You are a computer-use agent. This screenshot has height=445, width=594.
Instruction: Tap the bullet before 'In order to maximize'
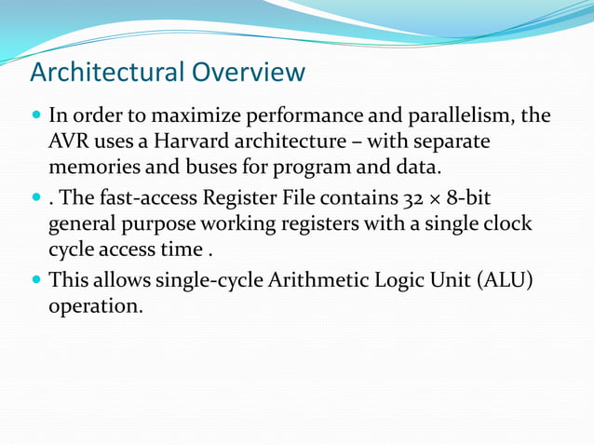[36, 118]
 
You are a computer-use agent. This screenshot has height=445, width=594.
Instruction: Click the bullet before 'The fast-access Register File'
[36, 198]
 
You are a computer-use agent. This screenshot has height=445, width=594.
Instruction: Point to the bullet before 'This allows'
[36, 279]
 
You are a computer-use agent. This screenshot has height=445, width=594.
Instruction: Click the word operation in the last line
[95, 304]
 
